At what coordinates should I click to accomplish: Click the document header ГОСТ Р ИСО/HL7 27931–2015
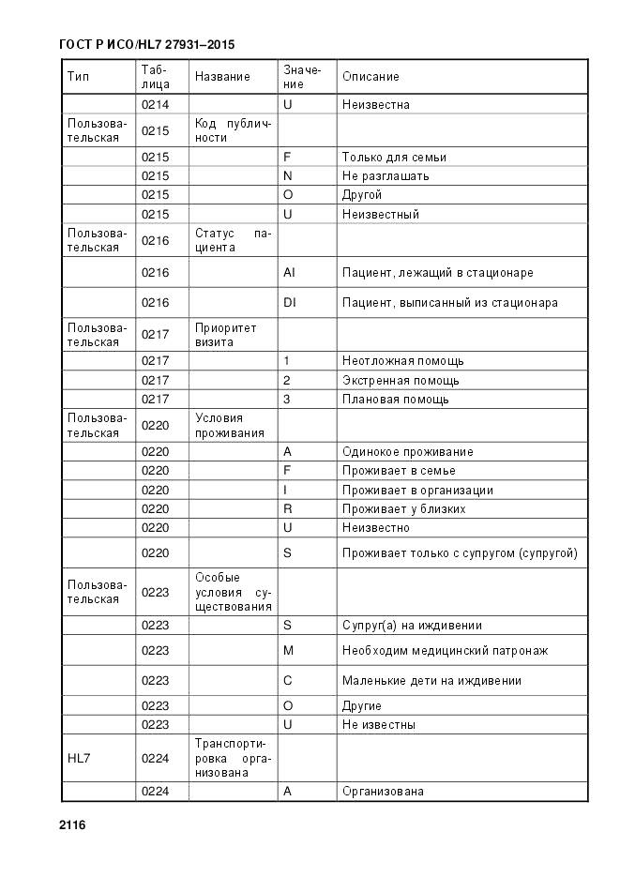pos(146,44)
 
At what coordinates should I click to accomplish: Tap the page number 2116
pos(72,825)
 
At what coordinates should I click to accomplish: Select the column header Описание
pos(370,77)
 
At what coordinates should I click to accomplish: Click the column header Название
pos(222,77)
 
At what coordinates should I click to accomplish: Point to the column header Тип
pos(78,77)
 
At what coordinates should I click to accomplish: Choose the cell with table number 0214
pos(155,105)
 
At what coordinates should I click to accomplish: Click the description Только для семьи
pos(394,158)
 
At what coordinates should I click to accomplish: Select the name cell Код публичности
pos(233,131)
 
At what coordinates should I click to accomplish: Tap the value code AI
pos(289,273)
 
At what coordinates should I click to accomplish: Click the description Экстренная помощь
pos(401,381)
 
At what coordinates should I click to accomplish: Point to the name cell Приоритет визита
pos(225,335)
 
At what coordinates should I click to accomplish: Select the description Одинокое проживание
pos(407,452)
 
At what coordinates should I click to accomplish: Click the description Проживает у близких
pos(404,509)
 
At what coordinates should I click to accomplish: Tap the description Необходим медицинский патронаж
pos(445,651)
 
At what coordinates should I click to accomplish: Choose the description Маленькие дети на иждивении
pos(431,681)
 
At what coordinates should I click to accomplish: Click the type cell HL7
pos(78,758)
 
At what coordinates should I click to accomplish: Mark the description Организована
pos(383,792)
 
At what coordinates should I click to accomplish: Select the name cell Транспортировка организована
pos(233,758)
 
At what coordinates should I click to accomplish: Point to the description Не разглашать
pos(386,176)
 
